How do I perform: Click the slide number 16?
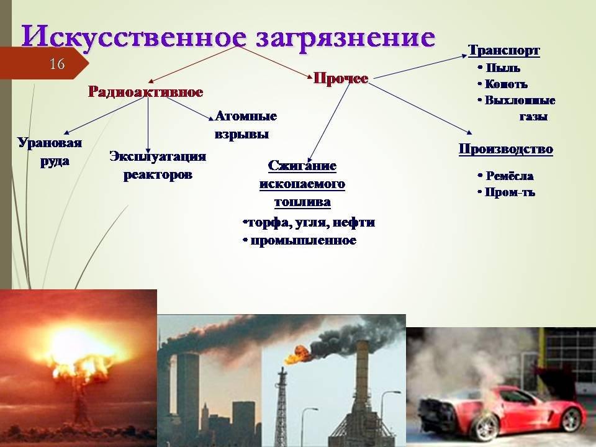(x=57, y=63)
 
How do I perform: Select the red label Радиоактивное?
(x=145, y=92)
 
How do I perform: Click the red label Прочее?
(x=341, y=78)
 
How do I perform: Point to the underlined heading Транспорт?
(x=503, y=50)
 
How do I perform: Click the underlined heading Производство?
(x=505, y=148)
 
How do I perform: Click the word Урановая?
(x=50, y=143)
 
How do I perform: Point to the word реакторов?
(x=158, y=175)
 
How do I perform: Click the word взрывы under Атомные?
(x=242, y=134)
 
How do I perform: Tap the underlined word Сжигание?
(x=302, y=166)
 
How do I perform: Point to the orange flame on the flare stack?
(x=297, y=354)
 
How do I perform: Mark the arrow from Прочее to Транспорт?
(x=420, y=67)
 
